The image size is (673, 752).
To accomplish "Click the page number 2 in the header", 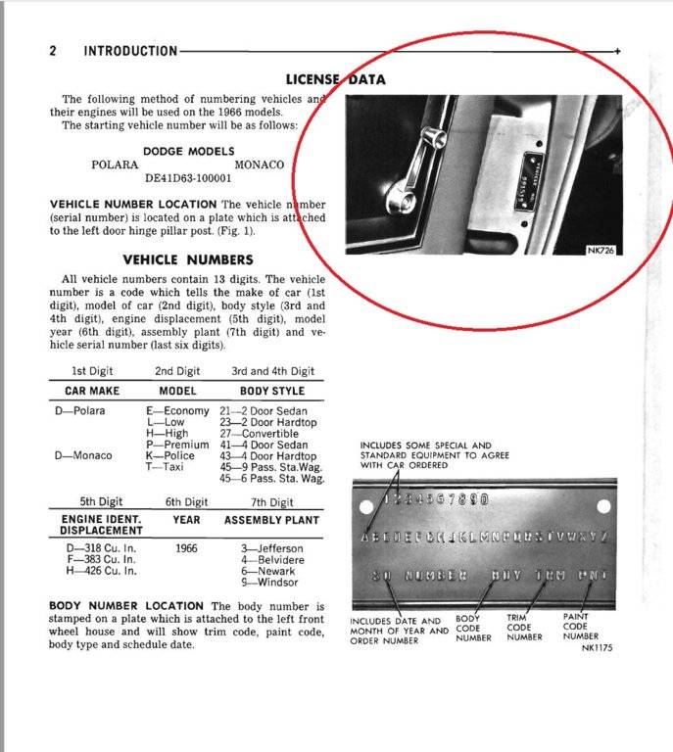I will point(53,50).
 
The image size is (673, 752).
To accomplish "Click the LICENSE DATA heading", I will point(335,79).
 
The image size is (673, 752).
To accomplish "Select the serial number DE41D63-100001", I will point(188,179).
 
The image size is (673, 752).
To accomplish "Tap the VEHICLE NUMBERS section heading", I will point(187,259).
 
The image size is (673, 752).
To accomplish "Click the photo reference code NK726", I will point(601,251).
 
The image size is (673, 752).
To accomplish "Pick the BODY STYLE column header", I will point(272,390).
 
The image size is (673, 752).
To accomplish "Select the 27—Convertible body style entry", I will point(260,434).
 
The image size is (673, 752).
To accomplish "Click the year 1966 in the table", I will point(186,549).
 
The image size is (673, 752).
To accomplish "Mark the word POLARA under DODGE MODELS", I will point(115,165).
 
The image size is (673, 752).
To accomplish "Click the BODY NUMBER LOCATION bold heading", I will point(126,607).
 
